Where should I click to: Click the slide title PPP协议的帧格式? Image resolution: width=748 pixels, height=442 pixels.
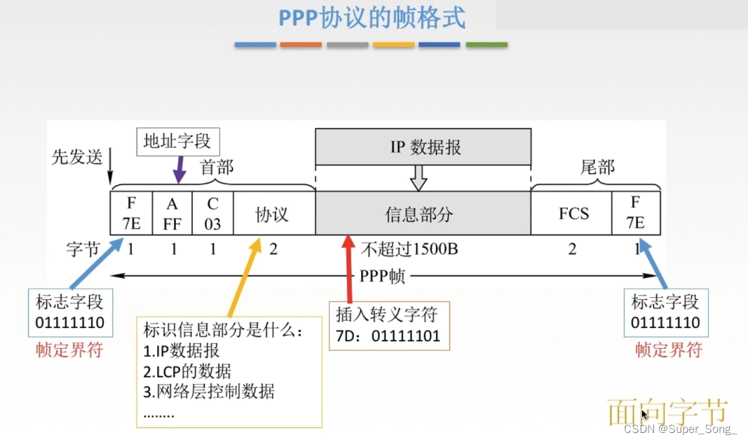point(372,19)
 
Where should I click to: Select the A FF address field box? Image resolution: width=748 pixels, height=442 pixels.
point(172,213)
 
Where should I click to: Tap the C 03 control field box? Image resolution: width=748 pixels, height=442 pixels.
point(212,213)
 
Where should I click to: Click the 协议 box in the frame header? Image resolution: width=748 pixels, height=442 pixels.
point(272,213)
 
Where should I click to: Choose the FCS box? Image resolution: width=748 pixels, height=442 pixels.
point(573,213)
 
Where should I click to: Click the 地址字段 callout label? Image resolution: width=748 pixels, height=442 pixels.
point(177,141)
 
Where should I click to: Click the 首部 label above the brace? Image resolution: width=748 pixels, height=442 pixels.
point(217,167)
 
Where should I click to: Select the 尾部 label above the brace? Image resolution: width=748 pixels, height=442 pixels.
point(597,167)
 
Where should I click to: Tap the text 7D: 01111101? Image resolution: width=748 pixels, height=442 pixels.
point(388,336)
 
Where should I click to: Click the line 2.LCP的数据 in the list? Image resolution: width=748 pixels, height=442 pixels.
point(186,371)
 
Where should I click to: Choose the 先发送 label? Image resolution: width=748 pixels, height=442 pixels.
point(77,157)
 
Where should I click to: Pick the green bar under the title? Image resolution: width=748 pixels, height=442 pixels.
point(487,45)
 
